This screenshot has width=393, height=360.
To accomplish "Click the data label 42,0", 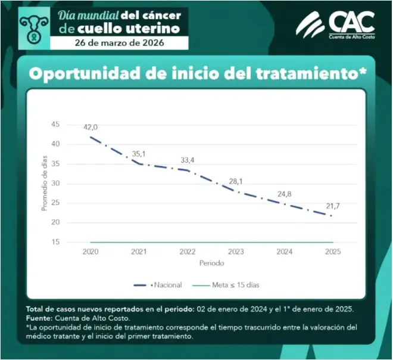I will pos(90,127).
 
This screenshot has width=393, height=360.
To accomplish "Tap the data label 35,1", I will pos(139,154).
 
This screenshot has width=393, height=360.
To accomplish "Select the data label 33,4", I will pos(188,160).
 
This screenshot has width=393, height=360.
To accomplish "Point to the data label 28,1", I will pos(236,181).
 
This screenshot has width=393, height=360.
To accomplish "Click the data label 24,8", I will pos(285,194).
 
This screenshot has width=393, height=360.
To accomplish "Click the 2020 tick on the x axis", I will pos(91,252).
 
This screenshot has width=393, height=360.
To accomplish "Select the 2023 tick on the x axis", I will pos(236,252).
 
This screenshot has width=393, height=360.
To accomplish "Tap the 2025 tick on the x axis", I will pos(332,252).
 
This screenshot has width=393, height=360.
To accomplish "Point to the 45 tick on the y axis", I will pos(55,124).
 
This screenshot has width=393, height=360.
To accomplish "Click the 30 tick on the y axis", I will pos(55,183).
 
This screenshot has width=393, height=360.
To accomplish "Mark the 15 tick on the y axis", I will pos(55,242).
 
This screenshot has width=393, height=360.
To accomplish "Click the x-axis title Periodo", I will pos(211,263).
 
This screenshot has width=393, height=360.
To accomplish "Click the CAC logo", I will pos(336,26).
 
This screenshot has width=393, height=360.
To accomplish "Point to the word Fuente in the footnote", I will pos(39,319).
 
